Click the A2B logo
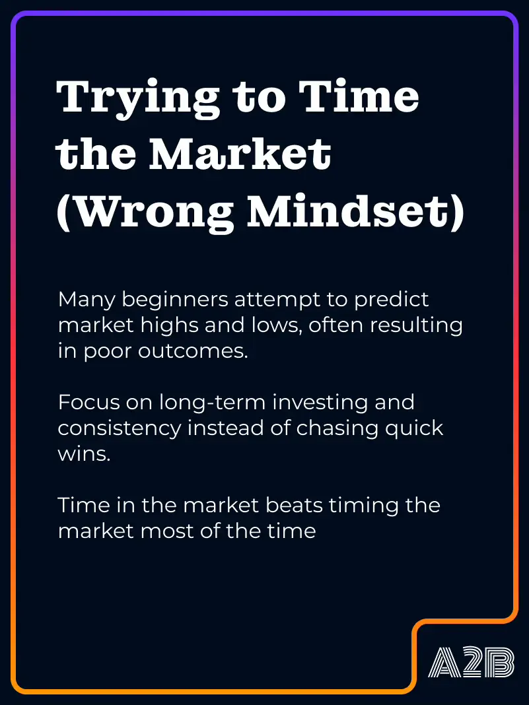tap(471, 662)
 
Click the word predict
tap(392, 300)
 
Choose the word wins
tap(84, 454)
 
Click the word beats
tap(294, 506)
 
